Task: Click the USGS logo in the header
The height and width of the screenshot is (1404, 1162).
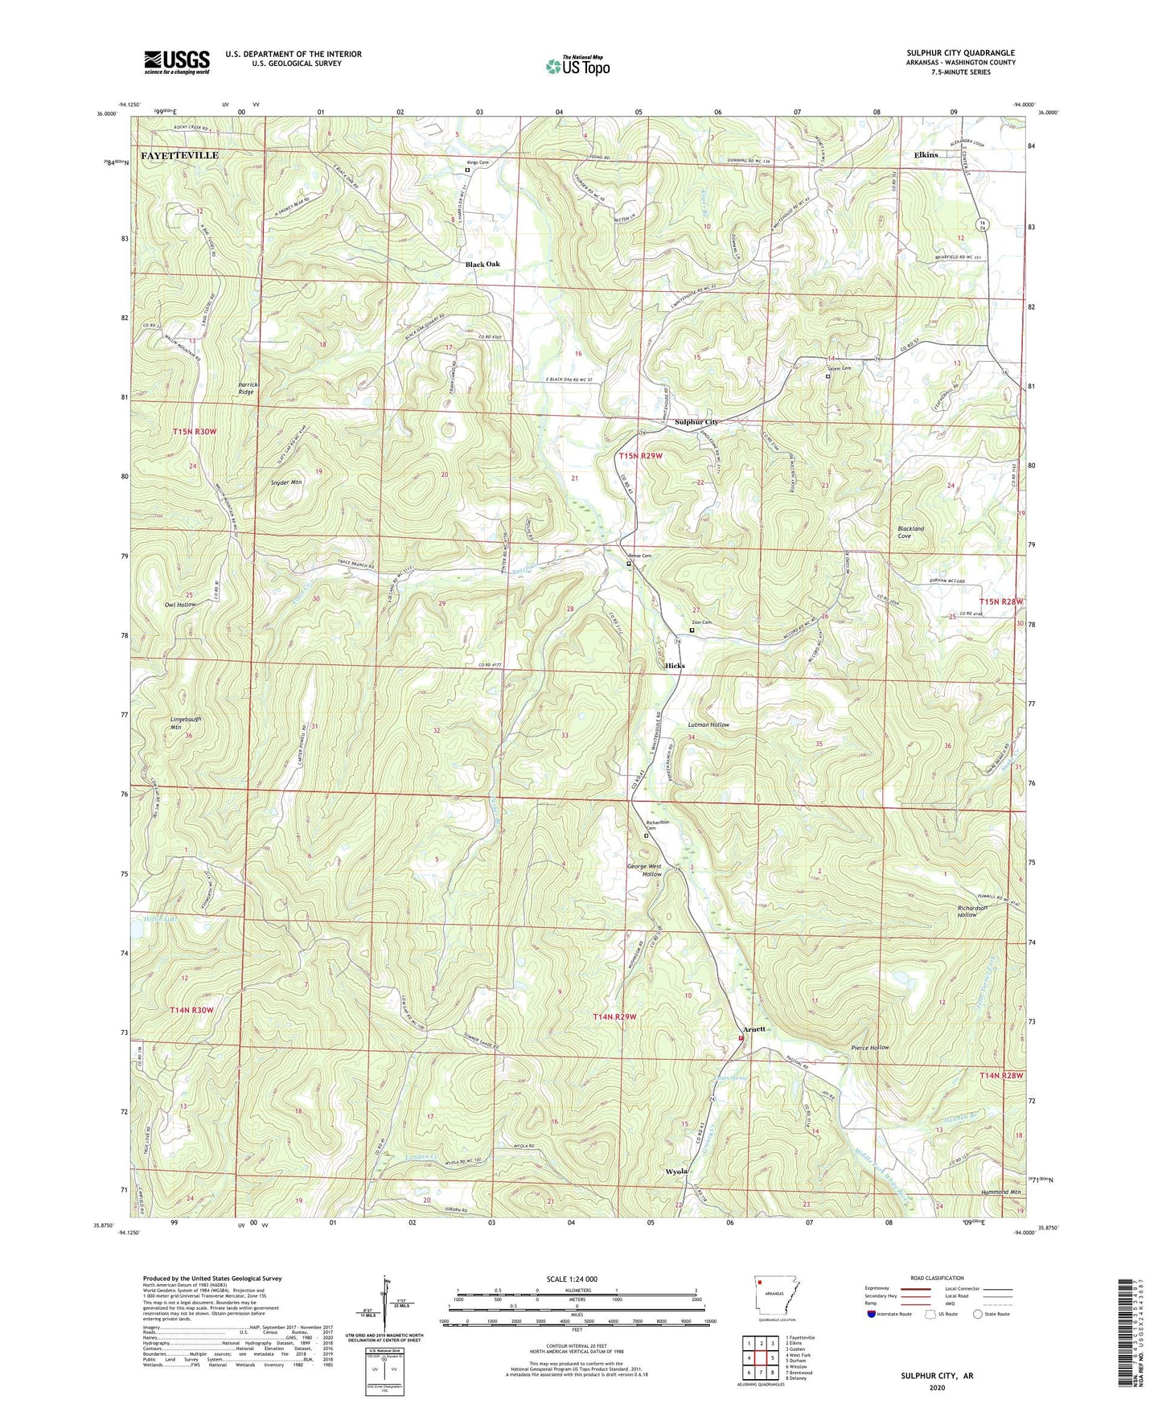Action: pyautogui.click(x=177, y=61)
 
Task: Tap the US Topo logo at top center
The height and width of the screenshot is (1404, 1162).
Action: pyautogui.click(x=577, y=66)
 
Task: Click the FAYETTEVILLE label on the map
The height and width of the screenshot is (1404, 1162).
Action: pyautogui.click(x=180, y=155)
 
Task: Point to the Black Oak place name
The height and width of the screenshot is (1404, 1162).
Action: pyautogui.click(x=482, y=264)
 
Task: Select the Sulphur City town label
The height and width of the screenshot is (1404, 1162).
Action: pyautogui.click(x=696, y=421)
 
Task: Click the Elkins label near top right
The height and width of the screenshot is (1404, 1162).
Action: pyautogui.click(x=926, y=154)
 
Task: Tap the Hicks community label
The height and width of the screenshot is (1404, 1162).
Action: pyautogui.click(x=675, y=666)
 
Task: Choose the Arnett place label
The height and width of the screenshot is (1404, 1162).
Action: pyautogui.click(x=754, y=1028)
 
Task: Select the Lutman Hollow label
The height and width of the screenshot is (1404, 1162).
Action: pyautogui.click(x=708, y=725)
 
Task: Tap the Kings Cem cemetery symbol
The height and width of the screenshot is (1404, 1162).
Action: pyautogui.click(x=468, y=170)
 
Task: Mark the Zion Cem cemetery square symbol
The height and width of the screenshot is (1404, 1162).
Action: pyautogui.click(x=692, y=630)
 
